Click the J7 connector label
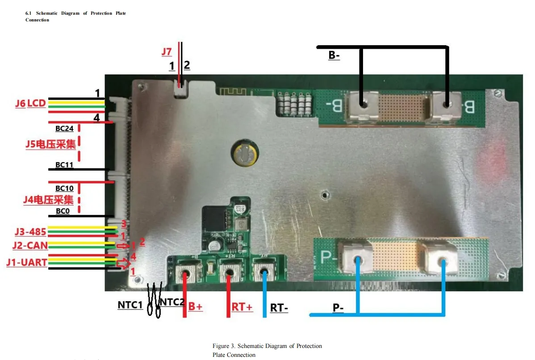pyautogui.click(x=167, y=52)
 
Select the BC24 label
pyautogui.click(x=64, y=129)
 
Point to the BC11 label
pyautogui.click(x=64, y=164)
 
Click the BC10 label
pyautogui.click(x=64, y=188)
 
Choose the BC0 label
pyautogui.click(x=63, y=210)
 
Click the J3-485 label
pyautogui.click(x=30, y=232)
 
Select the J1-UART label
pyautogui.click(x=26, y=262)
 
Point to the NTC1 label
pyautogui.click(x=130, y=305)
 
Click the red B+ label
pyautogui.click(x=195, y=307)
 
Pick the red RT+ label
pyautogui.click(x=242, y=307)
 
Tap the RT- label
pyautogui.click(x=279, y=308)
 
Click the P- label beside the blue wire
pyautogui.click(x=338, y=308)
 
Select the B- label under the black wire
pyautogui.click(x=334, y=55)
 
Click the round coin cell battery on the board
pyautogui.click(x=243, y=154)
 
